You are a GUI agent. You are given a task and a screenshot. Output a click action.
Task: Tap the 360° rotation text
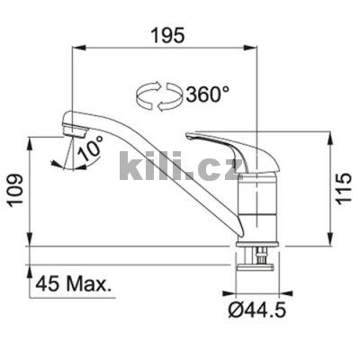tap(207, 94)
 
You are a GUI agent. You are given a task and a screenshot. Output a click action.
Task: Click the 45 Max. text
tap(75, 286)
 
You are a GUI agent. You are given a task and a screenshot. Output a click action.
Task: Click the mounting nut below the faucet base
tap(255, 260)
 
